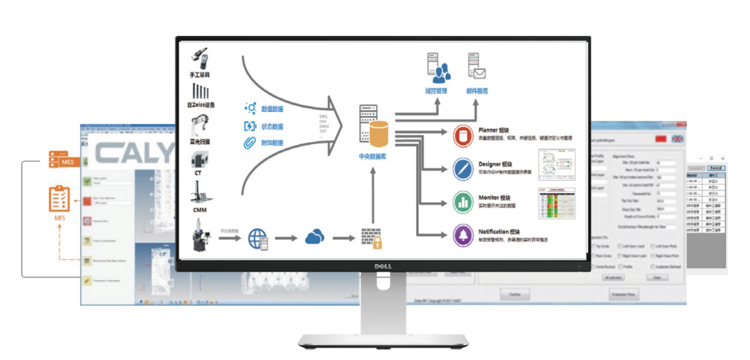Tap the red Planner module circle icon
click(463, 136)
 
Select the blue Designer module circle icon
click(463, 169)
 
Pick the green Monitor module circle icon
click(463, 202)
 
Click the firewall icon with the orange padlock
click(372, 238)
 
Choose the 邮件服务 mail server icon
click(476, 67)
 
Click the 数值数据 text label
click(272, 109)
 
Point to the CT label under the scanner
click(198, 173)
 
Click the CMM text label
click(200, 210)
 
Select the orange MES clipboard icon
click(60, 198)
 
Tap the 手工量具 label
click(200, 75)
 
